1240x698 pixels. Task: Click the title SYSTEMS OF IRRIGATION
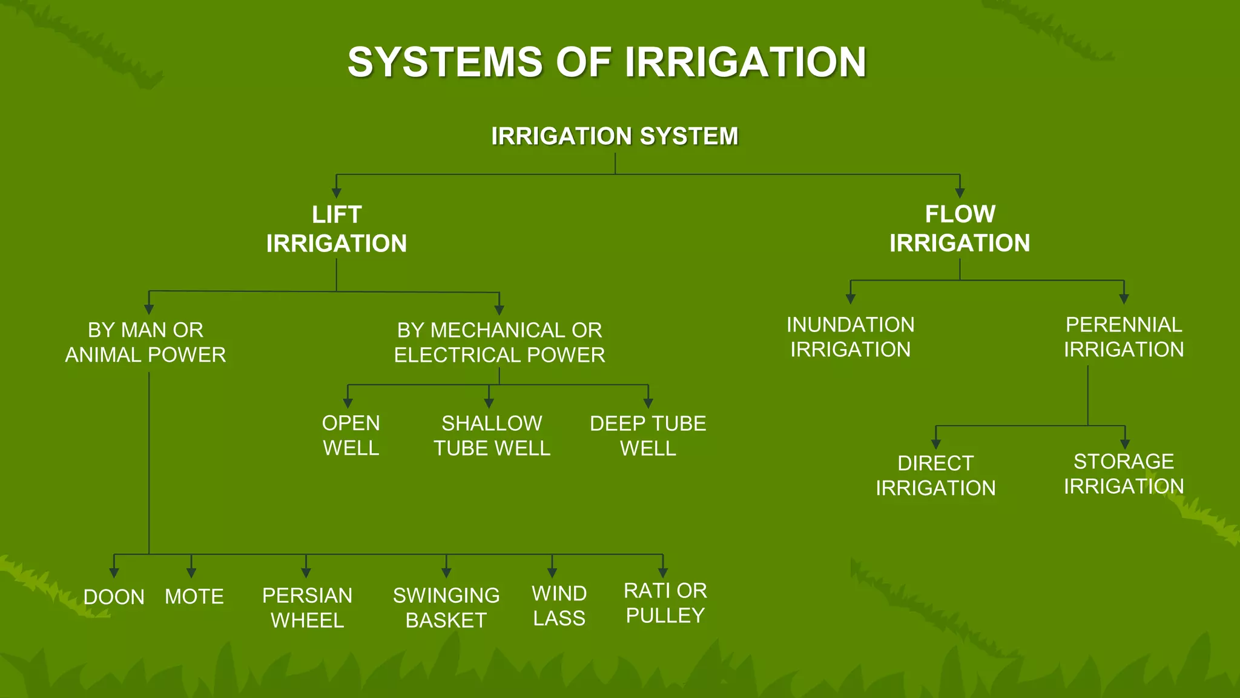607,62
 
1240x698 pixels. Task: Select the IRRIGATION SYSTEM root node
615,136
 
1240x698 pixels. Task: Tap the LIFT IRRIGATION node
337,229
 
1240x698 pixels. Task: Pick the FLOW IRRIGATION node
960,228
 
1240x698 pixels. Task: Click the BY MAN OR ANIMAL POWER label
145,342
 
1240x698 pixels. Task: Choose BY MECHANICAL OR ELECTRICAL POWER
500,342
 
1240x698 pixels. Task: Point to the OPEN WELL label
351,435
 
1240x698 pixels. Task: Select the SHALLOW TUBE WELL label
492,435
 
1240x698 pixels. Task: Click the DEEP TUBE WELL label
648,436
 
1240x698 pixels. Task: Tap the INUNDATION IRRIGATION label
850,337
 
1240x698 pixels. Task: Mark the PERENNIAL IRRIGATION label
1124,337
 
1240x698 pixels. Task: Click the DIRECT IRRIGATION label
935,475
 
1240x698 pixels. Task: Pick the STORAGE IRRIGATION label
1124,474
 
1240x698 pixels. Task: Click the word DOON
114,597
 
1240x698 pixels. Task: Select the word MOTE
194,597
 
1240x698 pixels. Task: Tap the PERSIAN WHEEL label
307,608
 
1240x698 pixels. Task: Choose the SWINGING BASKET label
446,608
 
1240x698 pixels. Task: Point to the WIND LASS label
559,606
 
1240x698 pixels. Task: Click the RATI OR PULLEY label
665,603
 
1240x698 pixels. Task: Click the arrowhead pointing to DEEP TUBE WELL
648,404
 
